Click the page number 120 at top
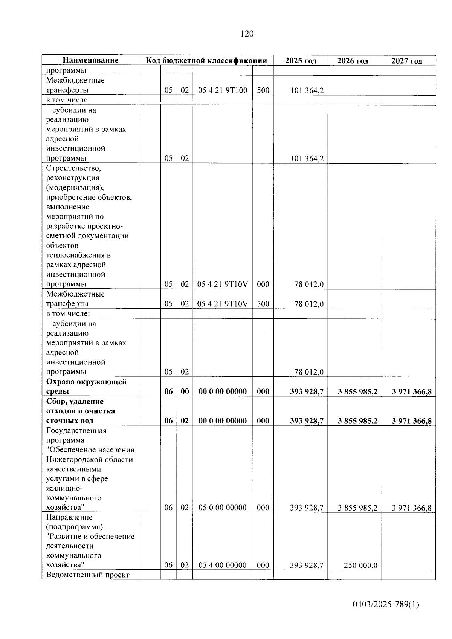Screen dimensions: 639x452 247,34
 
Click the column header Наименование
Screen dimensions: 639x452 90,60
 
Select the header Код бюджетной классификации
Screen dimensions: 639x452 206,60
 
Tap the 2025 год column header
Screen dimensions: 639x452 301,61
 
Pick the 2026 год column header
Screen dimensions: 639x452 353,61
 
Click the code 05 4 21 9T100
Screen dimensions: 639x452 223,90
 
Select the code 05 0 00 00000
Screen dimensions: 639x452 223,508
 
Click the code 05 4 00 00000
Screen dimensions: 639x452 223,565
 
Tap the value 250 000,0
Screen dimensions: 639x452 360,566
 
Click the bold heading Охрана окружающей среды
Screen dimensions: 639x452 86,387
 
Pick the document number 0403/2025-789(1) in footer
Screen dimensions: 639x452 386,605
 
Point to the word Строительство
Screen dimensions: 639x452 74,168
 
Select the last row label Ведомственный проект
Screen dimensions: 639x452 88,575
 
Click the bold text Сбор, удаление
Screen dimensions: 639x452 75,401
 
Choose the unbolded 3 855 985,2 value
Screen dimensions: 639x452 357,508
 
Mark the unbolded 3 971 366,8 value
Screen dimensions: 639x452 411,508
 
